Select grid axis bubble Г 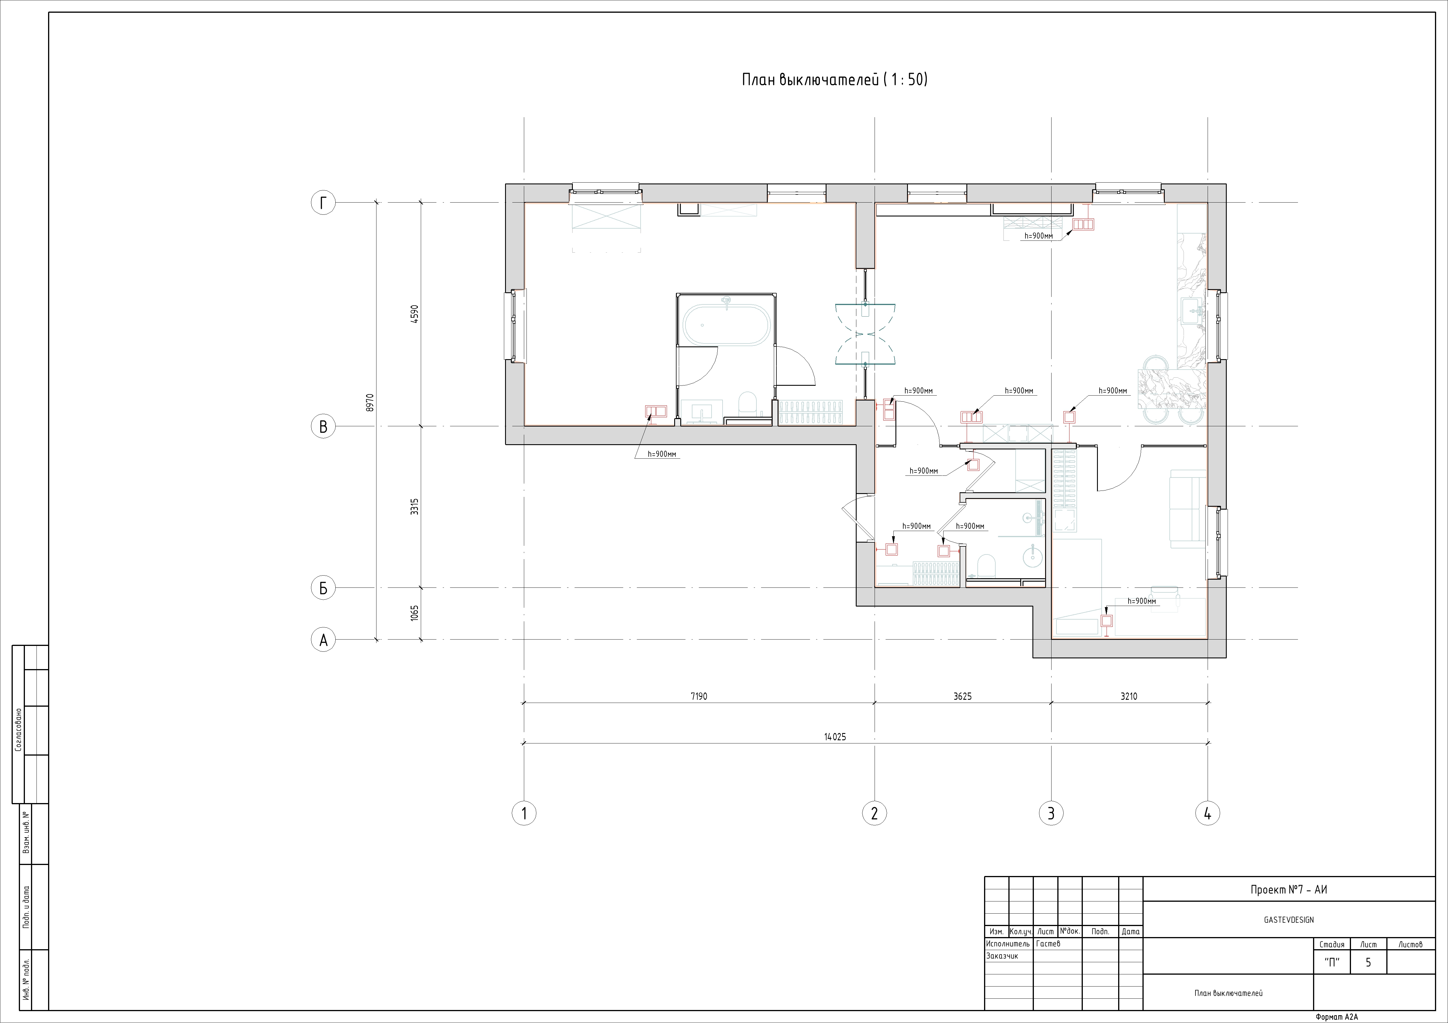(x=323, y=203)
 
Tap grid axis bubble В (x=323, y=427)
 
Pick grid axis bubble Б (x=323, y=588)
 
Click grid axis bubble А (x=323, y=640)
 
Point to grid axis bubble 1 (x=523, y=813)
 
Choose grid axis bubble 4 (x=1207, y=813)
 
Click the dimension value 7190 (x=699, y=697)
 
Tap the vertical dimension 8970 (x=370, y=403)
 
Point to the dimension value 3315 (x=414, y=507)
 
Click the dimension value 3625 (x=962, y=697)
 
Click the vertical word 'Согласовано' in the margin (x=18, y=730)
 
